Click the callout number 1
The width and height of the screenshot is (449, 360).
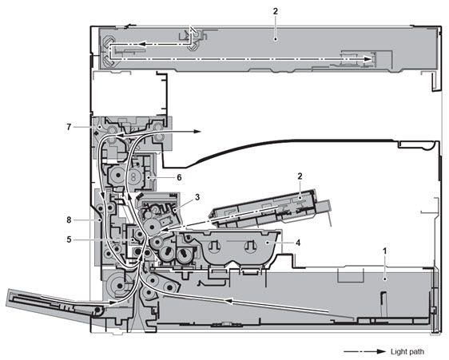coord(384,251)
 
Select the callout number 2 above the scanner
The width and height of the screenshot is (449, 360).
coord(275,11)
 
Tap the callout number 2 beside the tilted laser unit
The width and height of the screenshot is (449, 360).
coord(300,176)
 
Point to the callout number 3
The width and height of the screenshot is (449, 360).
coord(197,197)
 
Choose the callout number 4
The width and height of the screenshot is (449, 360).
coord(298,243)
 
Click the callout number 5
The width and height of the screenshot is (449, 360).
coord(69,239)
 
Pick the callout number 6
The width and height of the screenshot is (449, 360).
coord(179,178)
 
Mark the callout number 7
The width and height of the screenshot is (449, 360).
coord(69,126)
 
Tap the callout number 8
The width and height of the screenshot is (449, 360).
coord(69,220)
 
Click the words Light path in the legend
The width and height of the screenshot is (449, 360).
coord(407,352)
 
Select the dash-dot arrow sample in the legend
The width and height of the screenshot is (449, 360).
coord(364,352)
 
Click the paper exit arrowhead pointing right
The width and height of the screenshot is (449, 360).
coord(197,132)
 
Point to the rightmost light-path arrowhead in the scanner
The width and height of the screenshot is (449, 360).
coord(368,59)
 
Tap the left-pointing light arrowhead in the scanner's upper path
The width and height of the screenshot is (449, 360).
coord(140,45)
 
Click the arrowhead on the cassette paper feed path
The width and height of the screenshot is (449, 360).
coord(228,302)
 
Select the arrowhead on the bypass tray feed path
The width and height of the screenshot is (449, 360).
coord(112,303)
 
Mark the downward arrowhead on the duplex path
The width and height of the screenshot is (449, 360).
coord(101,196)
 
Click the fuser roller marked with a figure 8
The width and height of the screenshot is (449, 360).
coord(133,176)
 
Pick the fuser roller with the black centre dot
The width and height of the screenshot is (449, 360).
coord(117,175)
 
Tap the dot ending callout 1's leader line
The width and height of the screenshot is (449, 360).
coord(385,279)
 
